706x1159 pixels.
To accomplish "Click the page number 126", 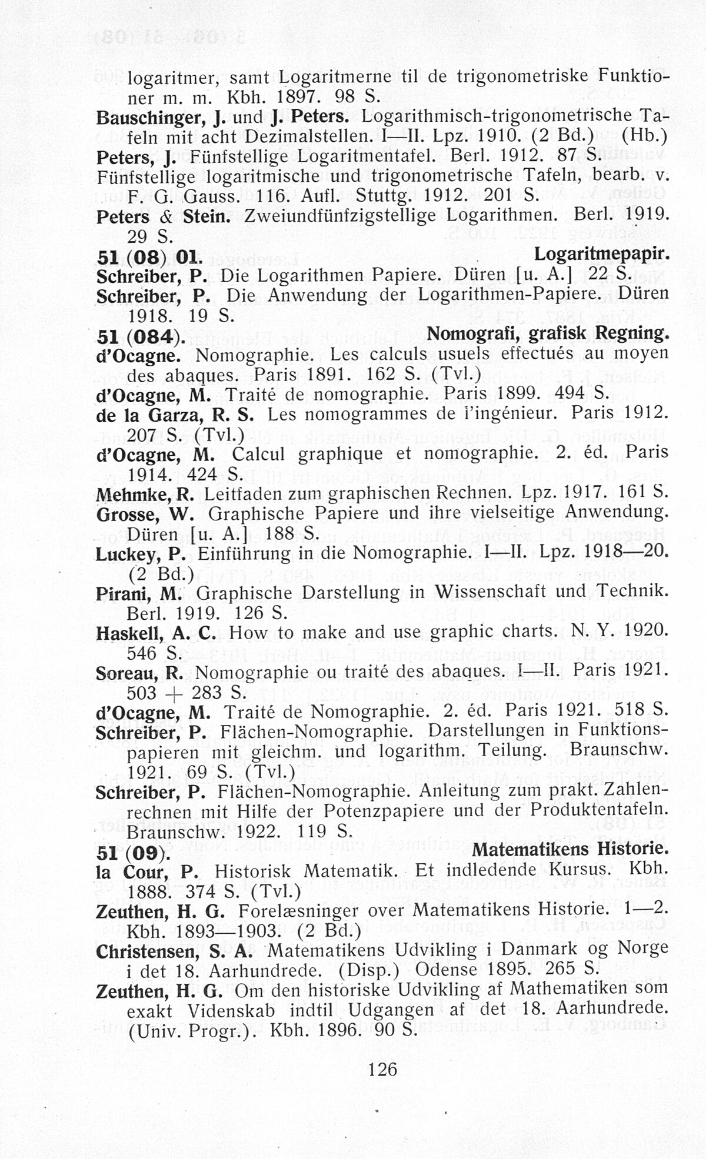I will coord(382,1068).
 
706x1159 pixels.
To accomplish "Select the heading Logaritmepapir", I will coord(601,255).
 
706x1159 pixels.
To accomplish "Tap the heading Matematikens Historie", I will coord(570,849).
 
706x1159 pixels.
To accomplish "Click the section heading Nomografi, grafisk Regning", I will coord(547,334).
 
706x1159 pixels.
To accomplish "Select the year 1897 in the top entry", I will coord(298,96).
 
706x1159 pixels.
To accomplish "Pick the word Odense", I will coord(447,970).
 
